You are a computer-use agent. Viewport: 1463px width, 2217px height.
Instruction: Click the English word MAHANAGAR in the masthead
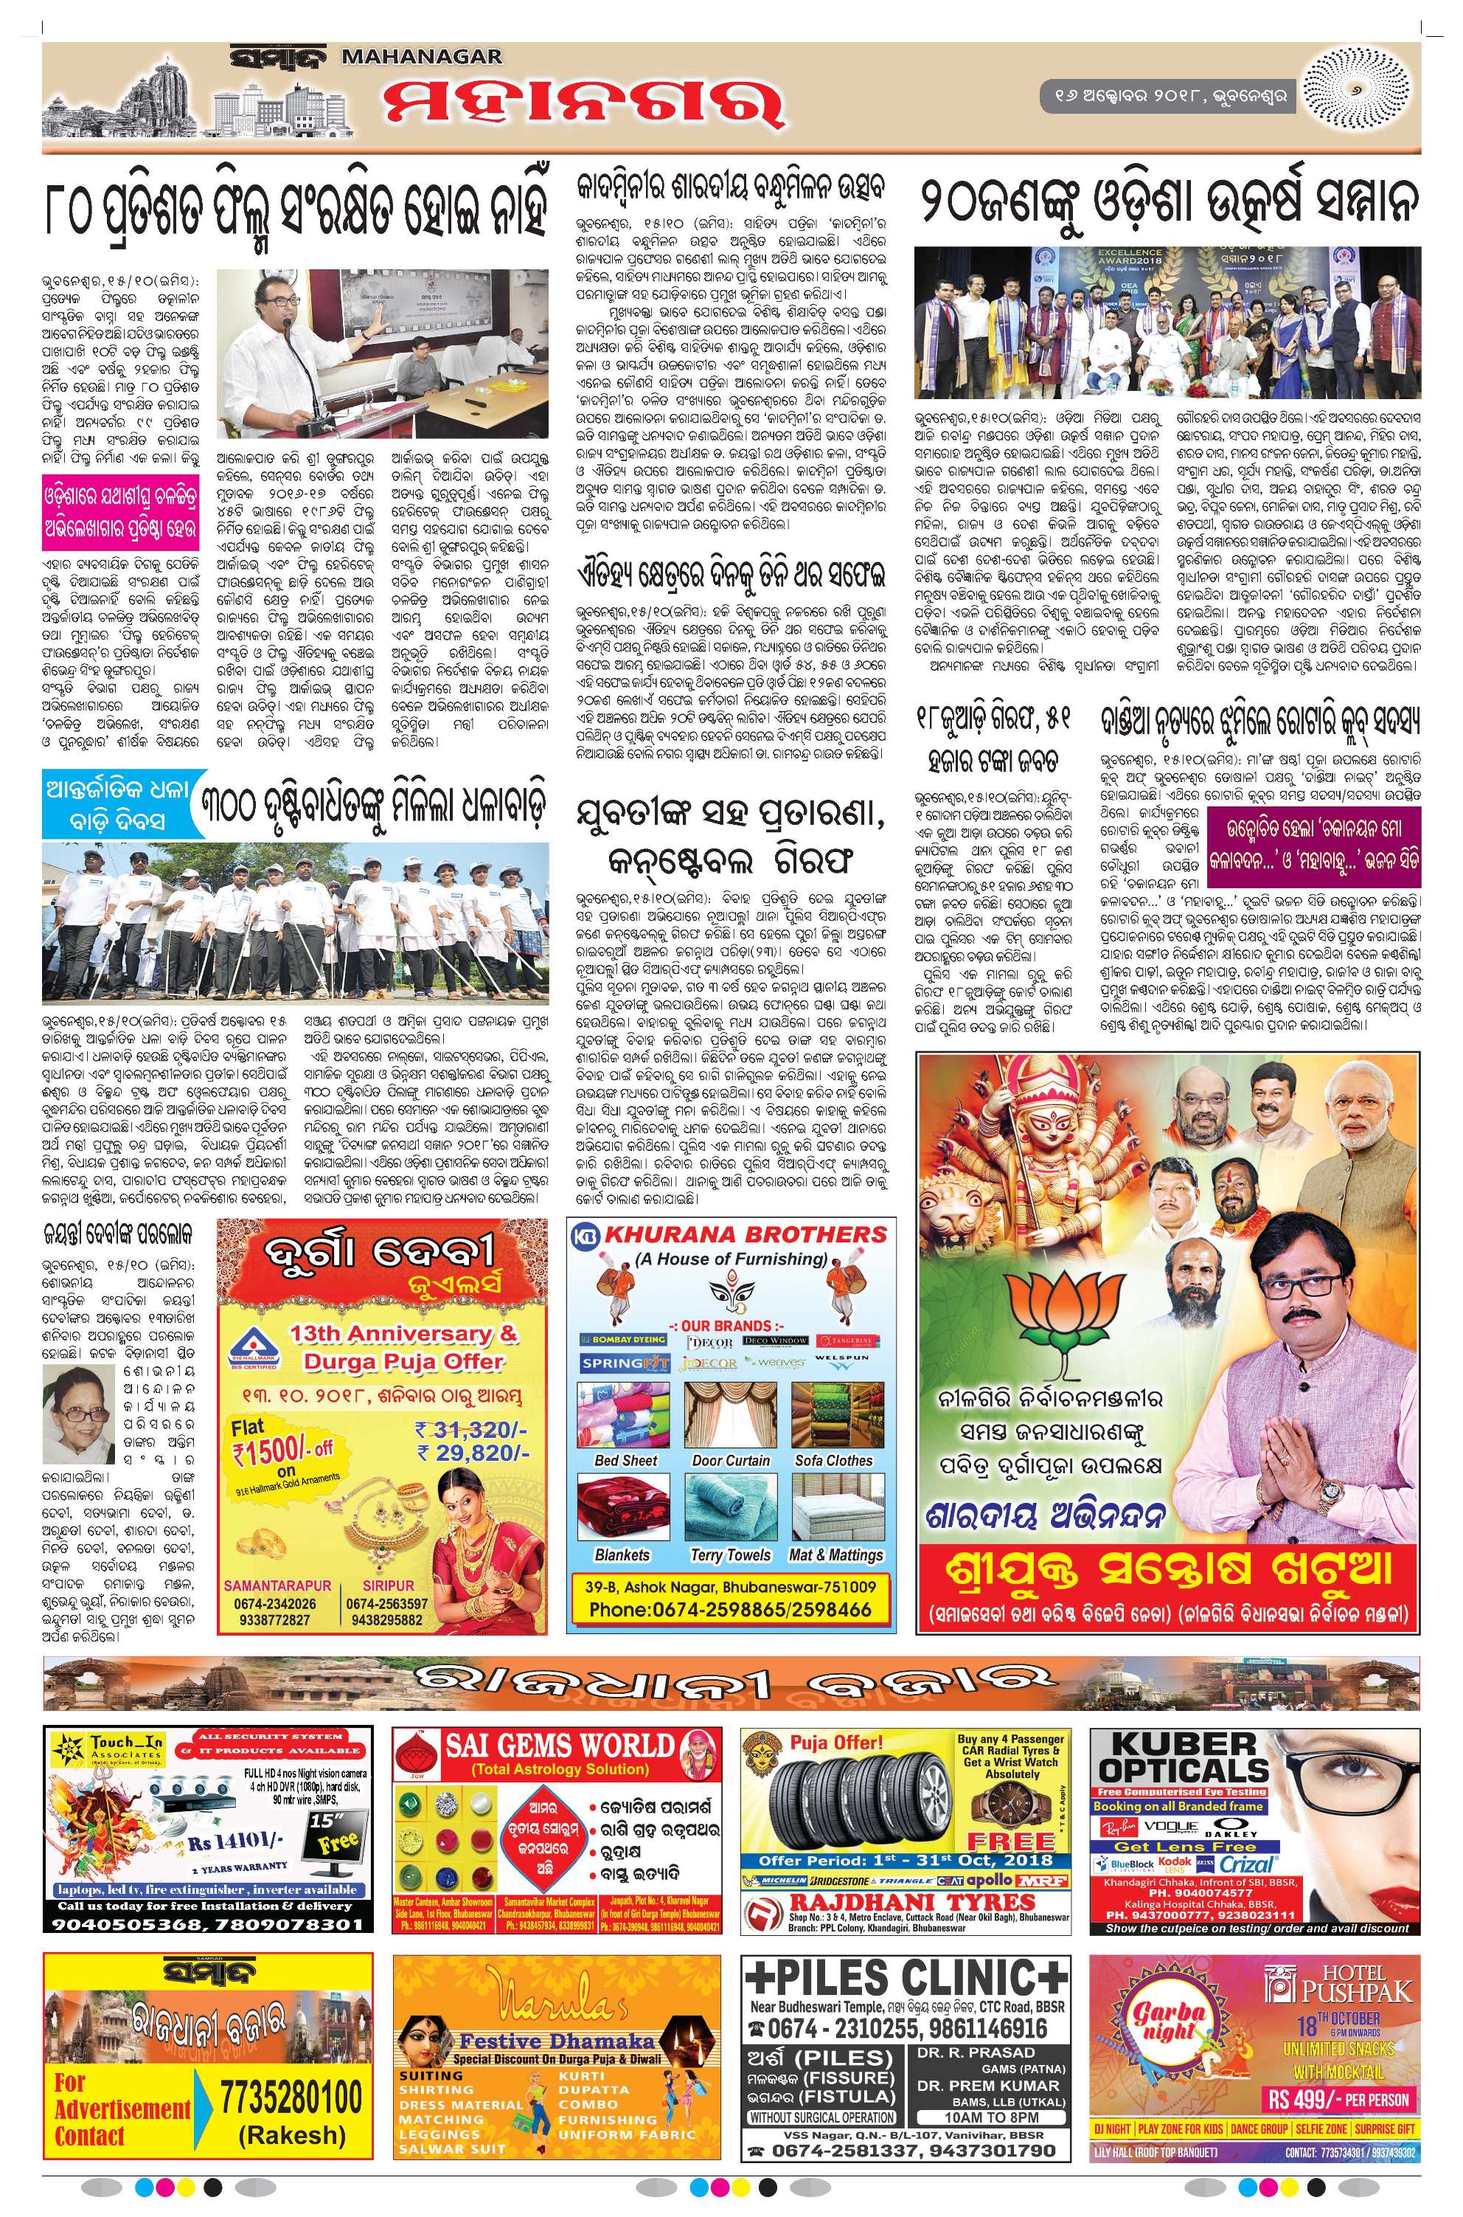(x=423, y=58)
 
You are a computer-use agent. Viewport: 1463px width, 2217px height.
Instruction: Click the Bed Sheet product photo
(x=625, y=1414)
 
